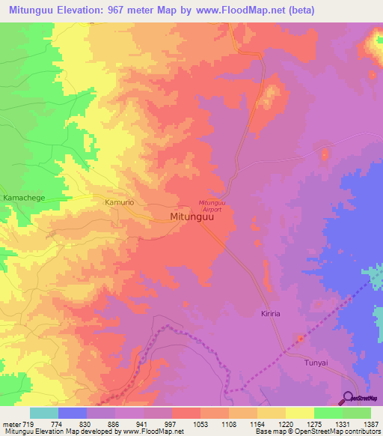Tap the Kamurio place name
pyautogui.click(x=119, y=202)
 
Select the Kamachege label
pyautogui.click(x=25, y=196)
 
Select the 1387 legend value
pyautogui.click(x=370, y=423)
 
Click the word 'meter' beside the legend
pyautogui.click(x=8, y=423)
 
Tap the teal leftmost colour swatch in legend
pyautogui.click(x=43, y=412)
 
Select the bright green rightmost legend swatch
pyautogui.click(x=356, y=412)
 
